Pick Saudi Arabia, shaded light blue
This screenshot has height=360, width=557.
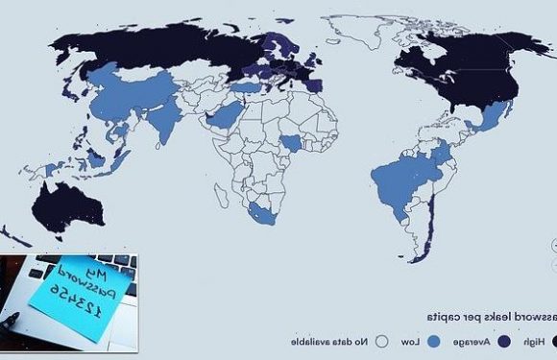tap(227, 120)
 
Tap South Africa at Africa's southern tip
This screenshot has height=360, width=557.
tap(261, 210)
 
